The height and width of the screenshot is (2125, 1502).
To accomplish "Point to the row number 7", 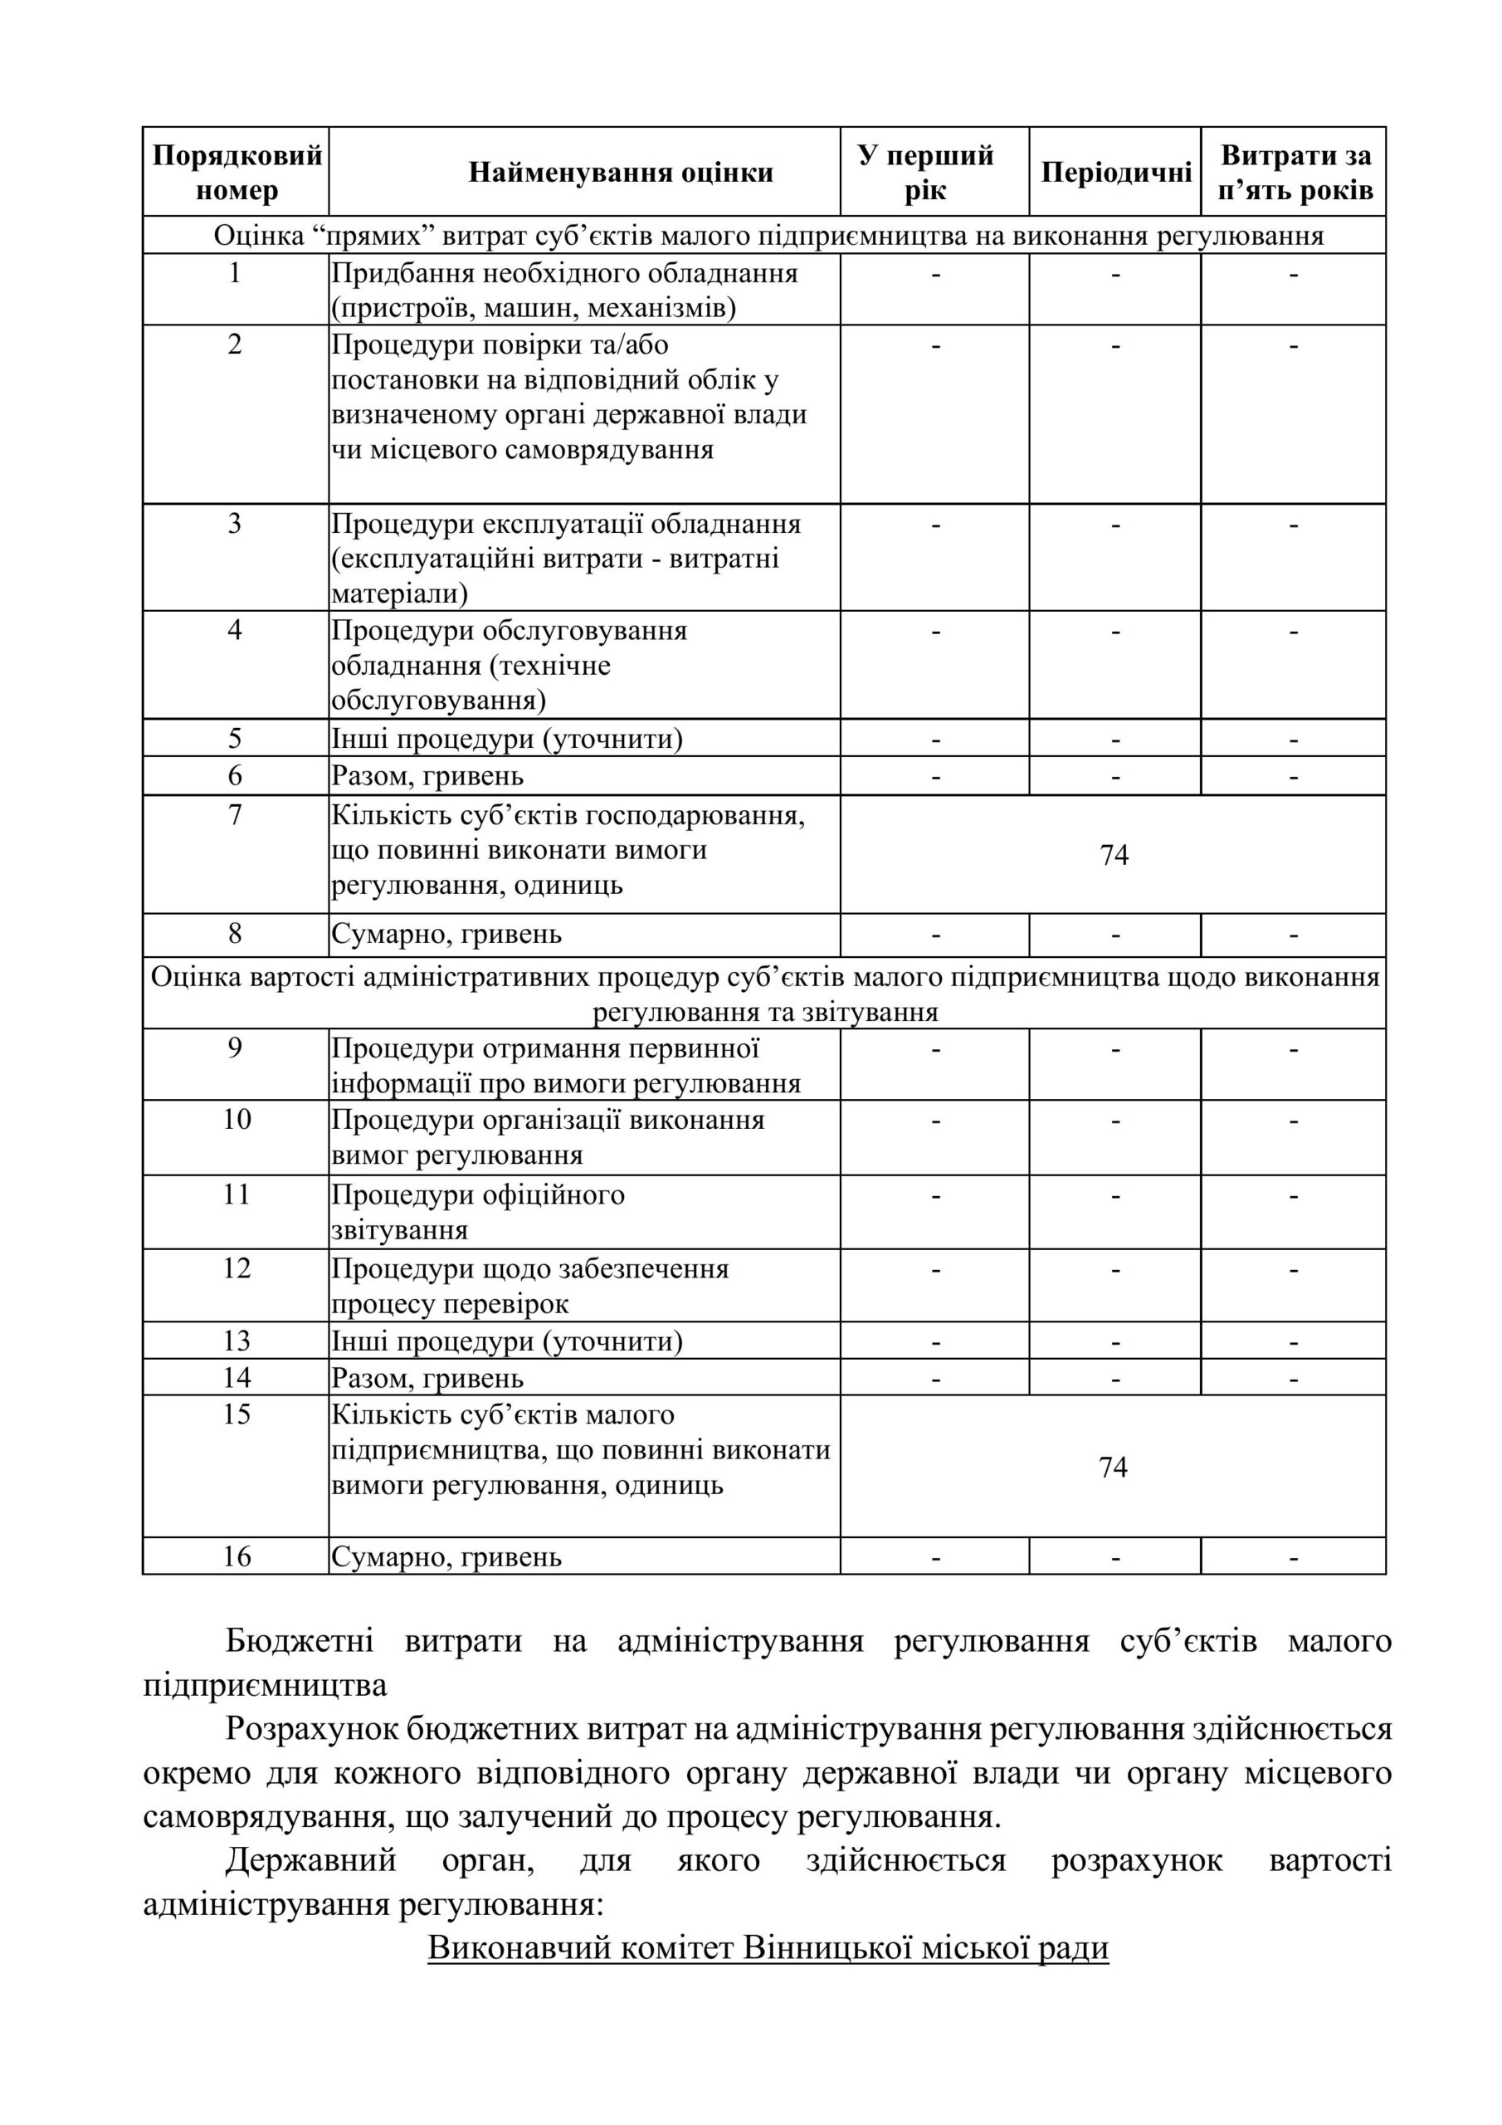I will pyautogui.click(x=235, y=815).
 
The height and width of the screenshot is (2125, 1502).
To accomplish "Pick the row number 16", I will pyautogui.click(x=237, y=1556).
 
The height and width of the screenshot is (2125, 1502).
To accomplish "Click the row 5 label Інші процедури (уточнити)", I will pyautogui.click(x=507, y=740).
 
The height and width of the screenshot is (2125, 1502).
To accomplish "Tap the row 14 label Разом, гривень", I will pyautogui.click(x=427, y=1379).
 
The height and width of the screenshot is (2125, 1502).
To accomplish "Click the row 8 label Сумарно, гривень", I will pyautogui.click(x=446, y=935).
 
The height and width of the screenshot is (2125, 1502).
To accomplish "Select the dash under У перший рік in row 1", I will pyautogui.click(x=935, y=275).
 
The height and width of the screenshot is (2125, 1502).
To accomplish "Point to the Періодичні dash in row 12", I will pyautogui.click(x=1115, y=1270).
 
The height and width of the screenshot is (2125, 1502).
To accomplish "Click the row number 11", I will pyautogui.click(x=237, y=1194).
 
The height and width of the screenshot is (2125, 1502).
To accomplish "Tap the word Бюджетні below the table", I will pyautogui.click(x=300, y=1642).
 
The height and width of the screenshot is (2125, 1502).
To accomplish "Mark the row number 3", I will pyautogui.click(x=235, y=525).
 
